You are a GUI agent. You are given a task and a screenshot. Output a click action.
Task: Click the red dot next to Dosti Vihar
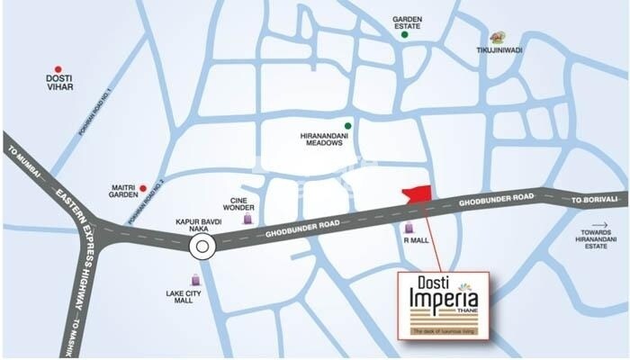(x=58, y=68)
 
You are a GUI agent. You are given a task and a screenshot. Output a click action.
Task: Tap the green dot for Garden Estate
(x=406, y=35)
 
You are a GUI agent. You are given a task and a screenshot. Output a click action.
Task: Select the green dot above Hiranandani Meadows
(x=347, y=125)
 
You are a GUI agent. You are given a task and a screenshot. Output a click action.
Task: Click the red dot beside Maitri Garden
(x=142, y=188)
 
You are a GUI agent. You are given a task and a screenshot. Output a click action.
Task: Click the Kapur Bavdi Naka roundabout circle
(x=202, y=245)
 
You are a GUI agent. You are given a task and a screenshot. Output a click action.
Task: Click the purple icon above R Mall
(x=410, y=228)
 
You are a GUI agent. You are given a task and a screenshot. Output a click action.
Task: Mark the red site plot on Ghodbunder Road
(x=416, y=197)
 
